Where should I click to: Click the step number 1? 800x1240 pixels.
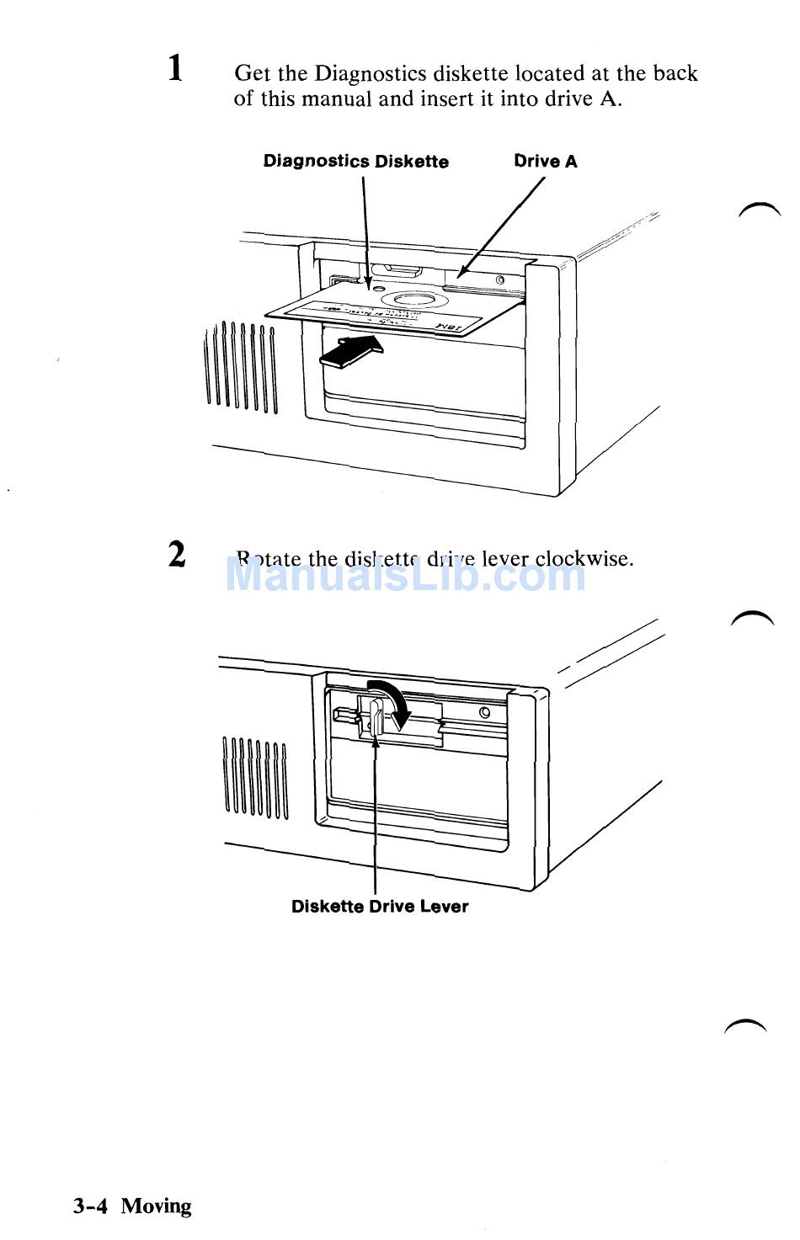[x=175, y=67]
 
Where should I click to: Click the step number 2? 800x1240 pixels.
[x=176, y=555]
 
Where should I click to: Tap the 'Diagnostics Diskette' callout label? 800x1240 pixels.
[x=355, y=162]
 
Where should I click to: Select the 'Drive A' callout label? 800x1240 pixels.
[x=546, y=162]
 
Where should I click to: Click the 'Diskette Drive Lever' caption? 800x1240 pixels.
[x=379, y=907]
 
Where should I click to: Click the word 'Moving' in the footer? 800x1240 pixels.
[x=156, y=1206]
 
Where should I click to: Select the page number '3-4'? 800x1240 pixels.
[x=90, y=1206]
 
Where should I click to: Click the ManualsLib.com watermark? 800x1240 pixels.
[x=406, y=576]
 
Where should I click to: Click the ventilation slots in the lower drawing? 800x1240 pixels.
[x=255, y=778]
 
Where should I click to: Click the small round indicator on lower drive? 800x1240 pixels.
[x=484, y=714]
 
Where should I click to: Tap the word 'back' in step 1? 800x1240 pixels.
[x=675, y=74]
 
